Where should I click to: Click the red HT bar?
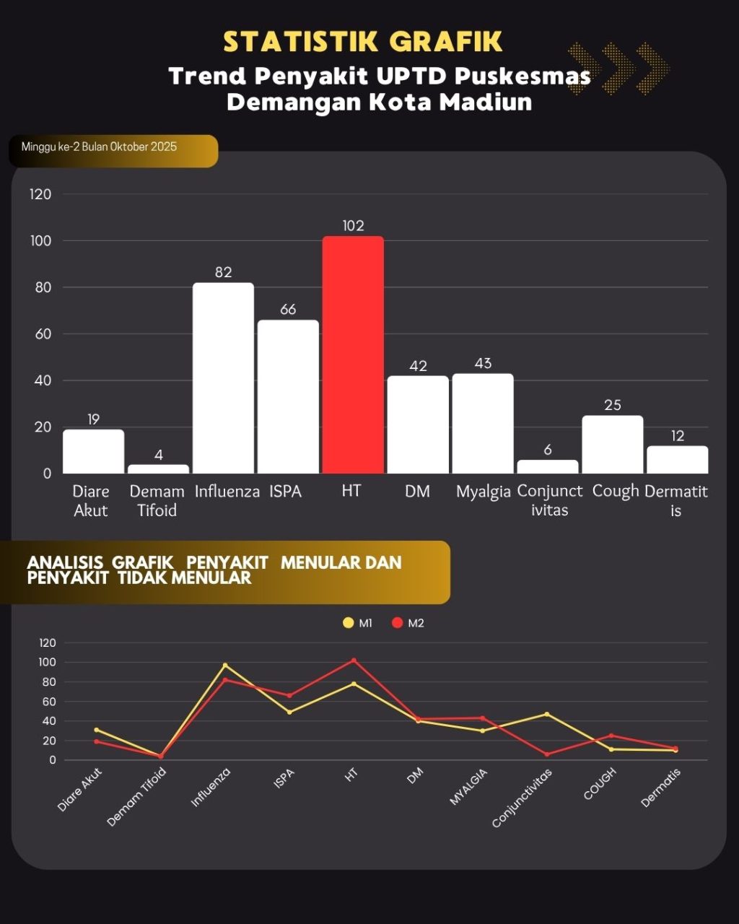click(353, 354)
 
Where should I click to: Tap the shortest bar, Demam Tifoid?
click(158, 468)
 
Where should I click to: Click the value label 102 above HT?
click(353, 226)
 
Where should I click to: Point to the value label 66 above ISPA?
click(288, 310)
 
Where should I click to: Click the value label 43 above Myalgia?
click(483, 364)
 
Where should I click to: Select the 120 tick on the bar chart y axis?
click(40, 194)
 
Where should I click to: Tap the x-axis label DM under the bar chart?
click(417, 492)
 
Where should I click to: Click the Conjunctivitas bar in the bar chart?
click(548, 466)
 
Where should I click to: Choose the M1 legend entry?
click(359, 623)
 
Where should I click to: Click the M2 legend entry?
click(408, 623)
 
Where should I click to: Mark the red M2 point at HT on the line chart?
click(354, 660)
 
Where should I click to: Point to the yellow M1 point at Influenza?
click(225, 665)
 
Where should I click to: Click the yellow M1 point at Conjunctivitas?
click(547, 714)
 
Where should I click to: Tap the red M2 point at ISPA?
click(289, 695)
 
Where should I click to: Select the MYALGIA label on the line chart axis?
click(469, 786)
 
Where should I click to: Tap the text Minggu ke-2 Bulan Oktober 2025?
click(99, 147)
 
